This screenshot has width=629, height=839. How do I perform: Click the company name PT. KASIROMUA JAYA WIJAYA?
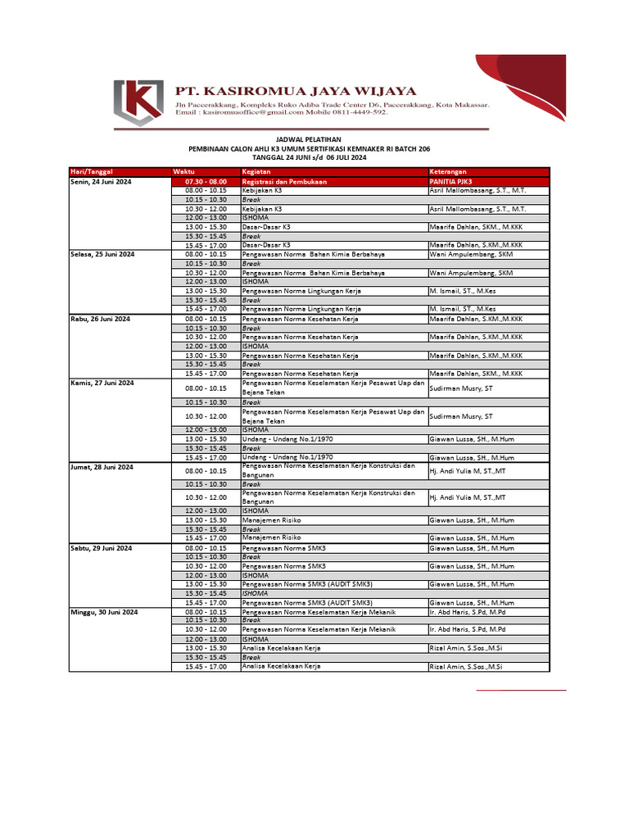pos(296,91)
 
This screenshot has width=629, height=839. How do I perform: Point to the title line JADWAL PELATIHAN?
pos(310,140)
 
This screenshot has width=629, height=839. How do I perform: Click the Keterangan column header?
pos(446,170)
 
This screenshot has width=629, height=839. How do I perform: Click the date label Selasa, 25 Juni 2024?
pos(102,255)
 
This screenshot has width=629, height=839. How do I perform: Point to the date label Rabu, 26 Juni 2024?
pos(101,319)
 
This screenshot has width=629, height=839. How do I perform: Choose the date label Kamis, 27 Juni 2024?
pos(102,383)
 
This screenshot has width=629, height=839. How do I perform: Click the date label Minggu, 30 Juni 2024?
pos(104,612)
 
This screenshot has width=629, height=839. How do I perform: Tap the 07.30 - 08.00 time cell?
pos(206,181)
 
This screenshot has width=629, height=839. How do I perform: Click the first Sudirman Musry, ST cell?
pos(461,388)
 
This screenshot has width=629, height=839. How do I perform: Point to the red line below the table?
pos(522,691)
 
